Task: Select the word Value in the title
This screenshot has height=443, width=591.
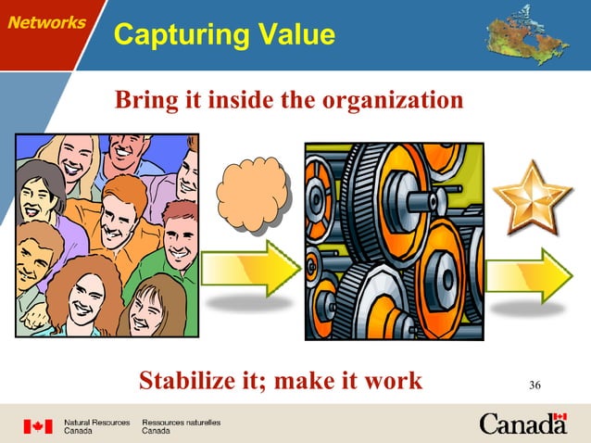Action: click(295, 35)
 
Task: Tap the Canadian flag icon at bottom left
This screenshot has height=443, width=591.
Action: click(38, 426)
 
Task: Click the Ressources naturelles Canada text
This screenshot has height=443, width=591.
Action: click(181, 426)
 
